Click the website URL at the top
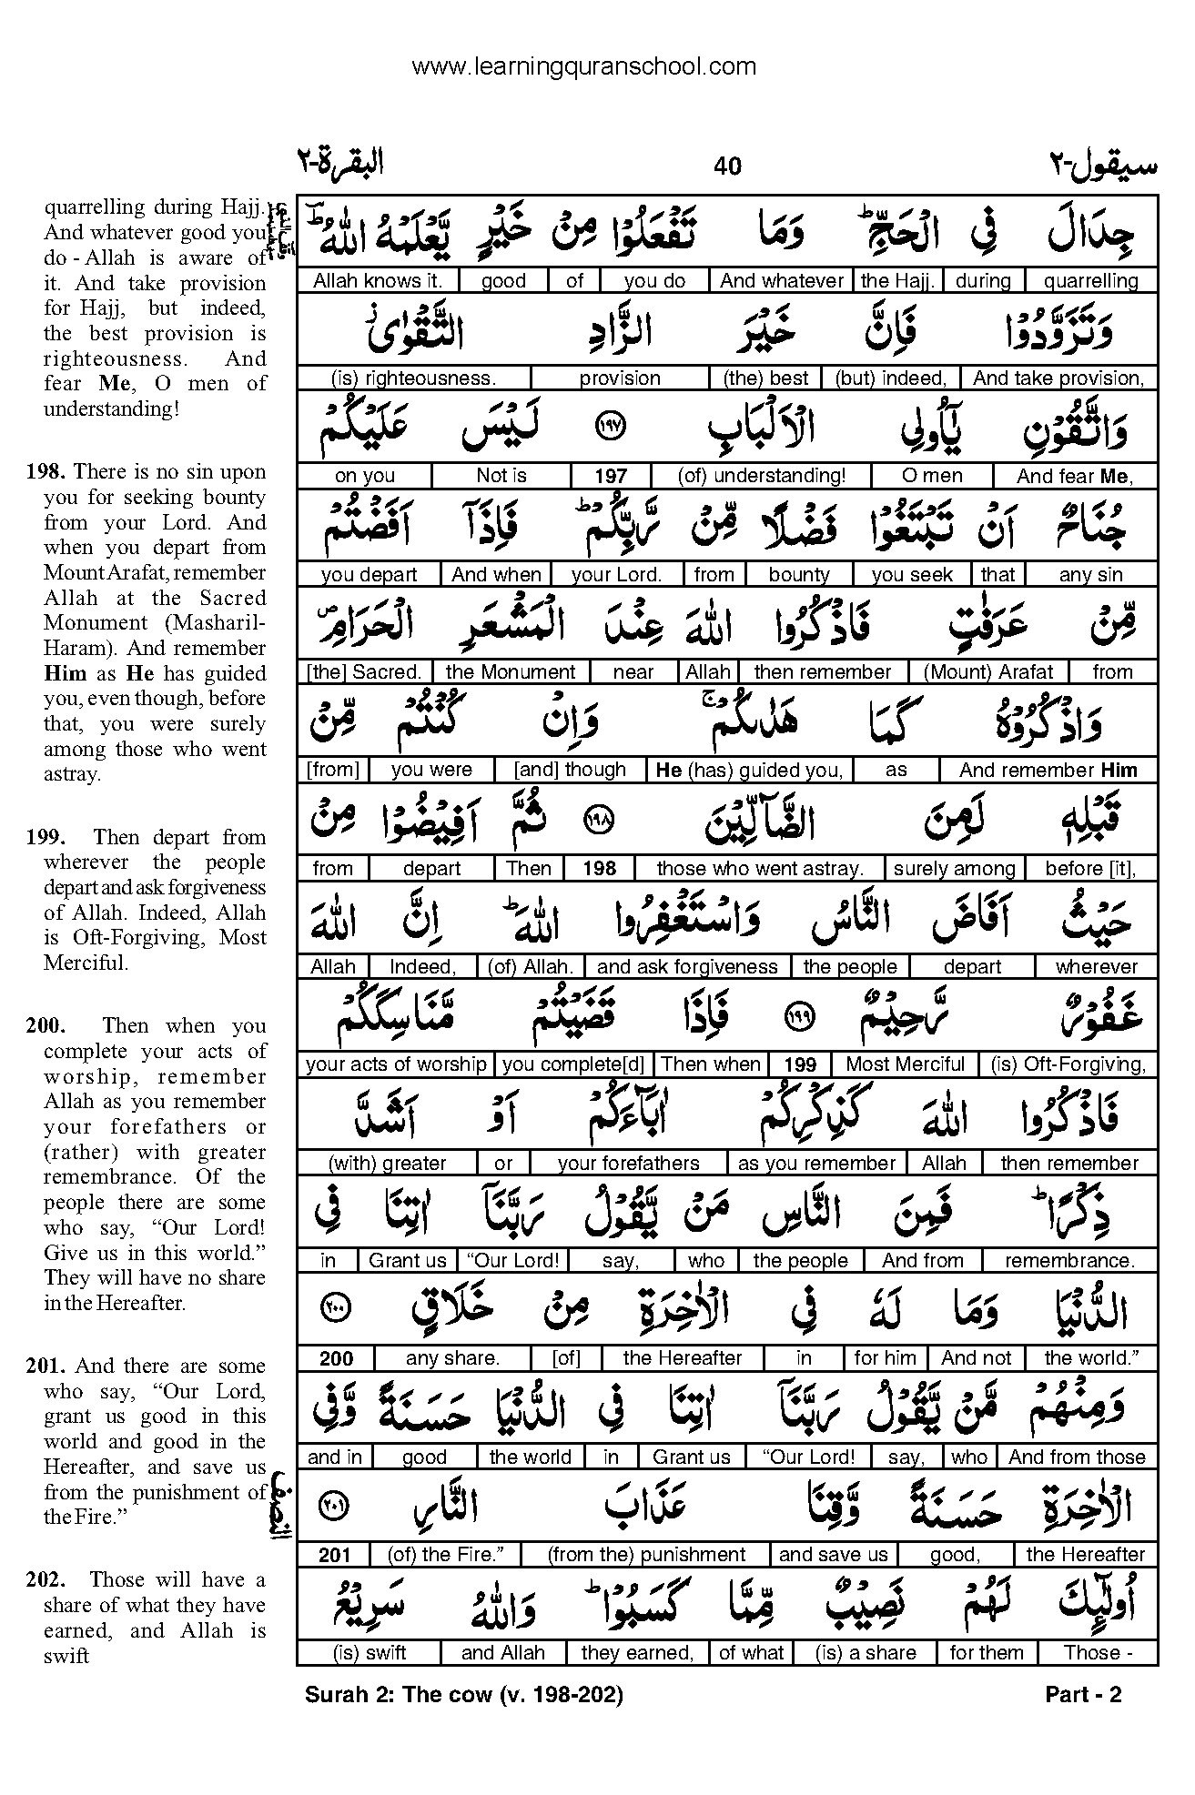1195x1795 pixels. coord(583,66)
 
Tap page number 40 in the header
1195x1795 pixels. coord(728,166)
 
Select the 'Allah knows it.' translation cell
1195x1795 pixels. coord(378,281)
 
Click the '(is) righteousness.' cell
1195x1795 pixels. coord(415,378)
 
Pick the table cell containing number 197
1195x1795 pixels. coord(611,476)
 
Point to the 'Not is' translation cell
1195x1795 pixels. coord(501,476)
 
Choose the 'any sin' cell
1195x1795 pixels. coord(1090,574)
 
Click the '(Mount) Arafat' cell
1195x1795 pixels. coord(987,672)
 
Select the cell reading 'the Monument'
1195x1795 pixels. coord(511,672)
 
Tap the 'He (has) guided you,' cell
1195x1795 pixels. coord(750,771)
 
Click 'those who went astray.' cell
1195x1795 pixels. coord(759,869)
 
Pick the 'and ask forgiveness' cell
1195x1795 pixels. coord(688,967)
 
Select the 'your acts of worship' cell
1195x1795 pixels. coord(396,1064)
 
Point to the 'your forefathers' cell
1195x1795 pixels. coord(628,1164)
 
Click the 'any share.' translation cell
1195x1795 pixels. coord(452,1359)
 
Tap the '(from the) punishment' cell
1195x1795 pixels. coord(646,1555)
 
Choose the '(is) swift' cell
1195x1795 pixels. coord(369,1653)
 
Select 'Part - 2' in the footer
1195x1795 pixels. coord(1083,1694)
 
